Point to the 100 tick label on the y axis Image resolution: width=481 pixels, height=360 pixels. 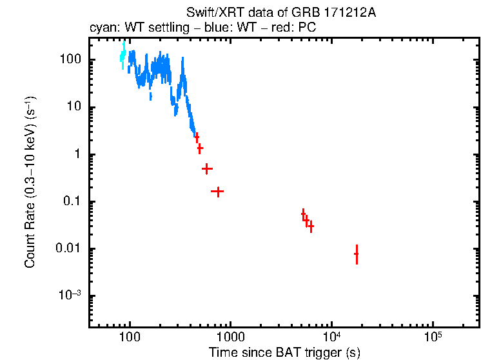pos(70,60)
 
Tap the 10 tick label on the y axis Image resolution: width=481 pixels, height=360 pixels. pos(74,107)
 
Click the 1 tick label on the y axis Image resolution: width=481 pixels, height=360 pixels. pos(77,155)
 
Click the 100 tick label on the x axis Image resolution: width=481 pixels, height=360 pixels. pos(130,337)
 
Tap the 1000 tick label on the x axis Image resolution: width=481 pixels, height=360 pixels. pos(230,337)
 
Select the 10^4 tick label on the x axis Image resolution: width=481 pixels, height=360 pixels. pos(331,336)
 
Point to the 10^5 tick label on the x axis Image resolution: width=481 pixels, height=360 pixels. pos(433,336)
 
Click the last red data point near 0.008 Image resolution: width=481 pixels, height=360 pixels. pos(357,254)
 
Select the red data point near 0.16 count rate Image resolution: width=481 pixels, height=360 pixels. pos(218,192)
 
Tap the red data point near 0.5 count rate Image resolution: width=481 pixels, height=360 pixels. pos(207,168)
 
